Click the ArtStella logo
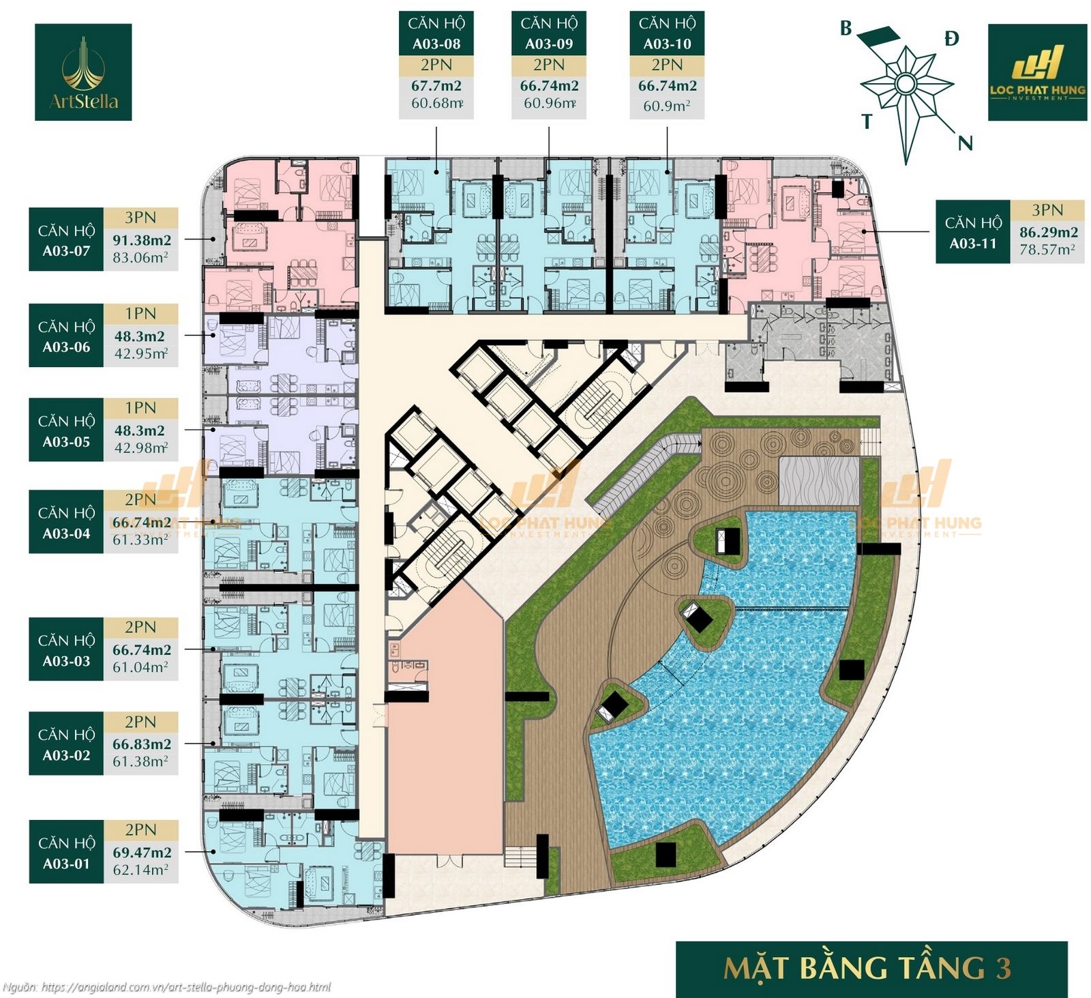(x=83, y=72)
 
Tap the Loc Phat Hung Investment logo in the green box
(x=1037, y=72)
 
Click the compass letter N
(x=965, y=143)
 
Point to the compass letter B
(x=846, y=29)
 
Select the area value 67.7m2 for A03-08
(x=436, y=86)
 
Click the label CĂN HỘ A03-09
(x=549, y=33)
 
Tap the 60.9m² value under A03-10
(x=667, y=106)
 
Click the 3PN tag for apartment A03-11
(x=1047, y=210)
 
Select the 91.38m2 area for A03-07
(x=142, y=240)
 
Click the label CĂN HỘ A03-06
(x=66, y=336)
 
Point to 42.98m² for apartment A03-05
(x=140, y=448)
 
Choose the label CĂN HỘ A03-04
(x=66, y=523)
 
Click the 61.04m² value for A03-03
(x=140, y=667)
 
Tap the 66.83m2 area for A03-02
(x=142, y=744)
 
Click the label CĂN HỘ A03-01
(x=66, y=853)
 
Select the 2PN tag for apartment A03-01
(x=140, y=830)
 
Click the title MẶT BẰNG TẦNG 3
(x=867, y=969)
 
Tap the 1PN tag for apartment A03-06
(x=140, y=314)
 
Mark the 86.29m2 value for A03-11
(x=1049, y=232)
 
